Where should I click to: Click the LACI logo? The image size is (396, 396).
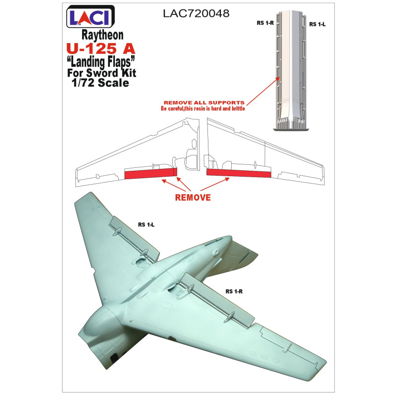click(x=91, y=16)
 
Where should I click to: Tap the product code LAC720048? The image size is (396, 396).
click(x=196, y=13)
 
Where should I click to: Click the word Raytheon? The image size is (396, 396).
click(x=102, y=35)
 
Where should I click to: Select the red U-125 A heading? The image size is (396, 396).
click(x=101, y=49)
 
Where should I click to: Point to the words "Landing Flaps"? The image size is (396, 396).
click(x=101, y=62)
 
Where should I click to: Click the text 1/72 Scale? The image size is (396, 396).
click(x=100, y=83)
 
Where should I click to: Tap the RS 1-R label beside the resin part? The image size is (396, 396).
click(x=265, y=23)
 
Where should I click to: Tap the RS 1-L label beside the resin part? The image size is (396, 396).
click(x=317, y=24)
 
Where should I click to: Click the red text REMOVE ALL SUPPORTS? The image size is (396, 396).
click(x=204, y=102)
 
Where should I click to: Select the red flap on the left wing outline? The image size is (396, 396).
click(x=150, y=174)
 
